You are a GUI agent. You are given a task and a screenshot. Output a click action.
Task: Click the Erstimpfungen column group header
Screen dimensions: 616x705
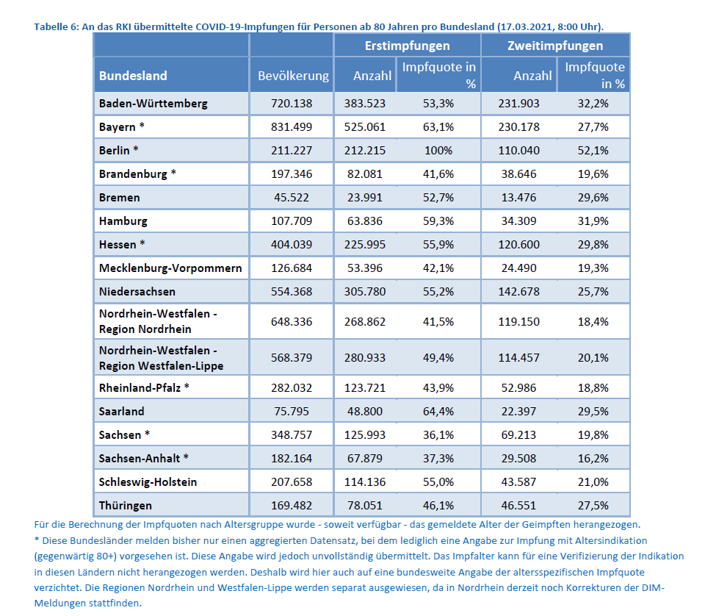[408, 46]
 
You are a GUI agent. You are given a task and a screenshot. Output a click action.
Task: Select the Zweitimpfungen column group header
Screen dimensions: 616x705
[555, 46]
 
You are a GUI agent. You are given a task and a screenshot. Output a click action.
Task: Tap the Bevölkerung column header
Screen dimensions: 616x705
[292, 76]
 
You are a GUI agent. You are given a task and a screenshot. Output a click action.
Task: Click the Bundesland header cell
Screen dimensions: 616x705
[133, 76]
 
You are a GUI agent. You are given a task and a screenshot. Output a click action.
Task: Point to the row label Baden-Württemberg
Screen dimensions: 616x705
[153, 104]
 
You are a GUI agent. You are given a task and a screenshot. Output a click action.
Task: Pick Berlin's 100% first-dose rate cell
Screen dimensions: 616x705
[438, 151]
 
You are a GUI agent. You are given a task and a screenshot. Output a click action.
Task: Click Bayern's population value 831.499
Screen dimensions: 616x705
[292, 127]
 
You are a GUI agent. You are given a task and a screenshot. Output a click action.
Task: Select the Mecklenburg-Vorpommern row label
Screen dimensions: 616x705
[170, 268]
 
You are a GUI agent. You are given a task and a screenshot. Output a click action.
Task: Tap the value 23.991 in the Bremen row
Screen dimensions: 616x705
[365, 198]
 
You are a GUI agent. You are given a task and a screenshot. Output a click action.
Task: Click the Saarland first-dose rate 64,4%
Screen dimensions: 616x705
[438, 412]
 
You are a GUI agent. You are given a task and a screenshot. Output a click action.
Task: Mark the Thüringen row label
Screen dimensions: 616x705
[126, 506]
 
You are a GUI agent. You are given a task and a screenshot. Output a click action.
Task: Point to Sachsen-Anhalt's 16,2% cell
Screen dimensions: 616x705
[593, 459]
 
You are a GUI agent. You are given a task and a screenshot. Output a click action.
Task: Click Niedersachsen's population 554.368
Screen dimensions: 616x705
[292, 292]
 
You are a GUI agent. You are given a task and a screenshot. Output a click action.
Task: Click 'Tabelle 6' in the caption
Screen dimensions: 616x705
[56, 27]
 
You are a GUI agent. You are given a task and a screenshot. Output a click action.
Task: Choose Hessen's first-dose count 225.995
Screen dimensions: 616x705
[365, 245]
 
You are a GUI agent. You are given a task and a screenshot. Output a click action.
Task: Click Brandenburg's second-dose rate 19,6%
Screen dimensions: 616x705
[593, 174]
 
